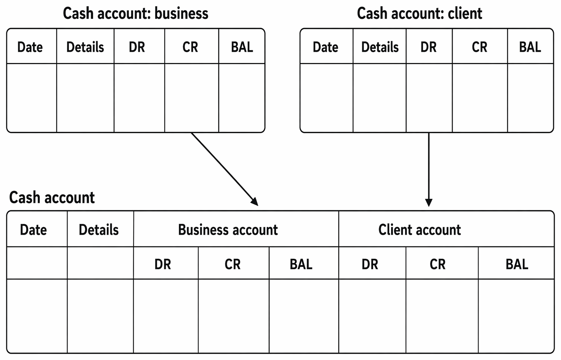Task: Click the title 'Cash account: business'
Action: click(x=135, y=13)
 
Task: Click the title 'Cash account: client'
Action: click(x=420, y=13)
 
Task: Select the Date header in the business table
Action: click(x=30, y=47)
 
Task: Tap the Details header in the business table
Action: click(x=85, y=47)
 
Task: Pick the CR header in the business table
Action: click(x=190, y=47)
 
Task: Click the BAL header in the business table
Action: click(x=242, y=47)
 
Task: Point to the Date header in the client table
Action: click(x=325, y=47)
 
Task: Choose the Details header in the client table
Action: click(x=380, y=47)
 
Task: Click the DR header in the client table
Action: click(x=429, y=47)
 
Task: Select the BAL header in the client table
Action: click(x=530, y=47)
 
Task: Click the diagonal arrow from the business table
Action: click(x=225, y=169)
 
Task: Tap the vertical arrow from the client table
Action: click(x=429, y=169)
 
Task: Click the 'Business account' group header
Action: click(x=228, y=230)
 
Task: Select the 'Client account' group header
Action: click(x=420, y=230)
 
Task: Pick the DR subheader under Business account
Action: click(x=163, y=264)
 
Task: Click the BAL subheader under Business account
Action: click(x=301, y=264)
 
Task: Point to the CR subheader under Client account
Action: click(x=438, y=264)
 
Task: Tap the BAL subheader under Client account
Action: click(x=517, y=264)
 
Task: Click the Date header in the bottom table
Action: click(x=33, y=230)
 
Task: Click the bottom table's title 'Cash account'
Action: click(x=52, y=197)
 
